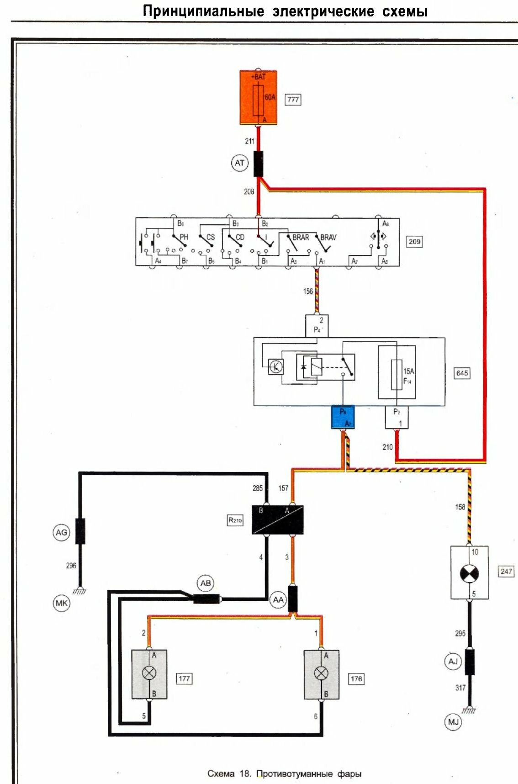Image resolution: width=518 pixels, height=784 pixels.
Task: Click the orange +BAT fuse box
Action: pyautogui.click(x=259, y=97)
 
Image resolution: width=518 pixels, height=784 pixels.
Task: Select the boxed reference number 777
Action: pyautogui.click(x=293, y=99)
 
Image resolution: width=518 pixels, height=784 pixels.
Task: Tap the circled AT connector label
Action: pyautogui.click(x=239, y=163)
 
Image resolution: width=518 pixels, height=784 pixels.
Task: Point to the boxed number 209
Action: pyautogui.click(x=414, y=241)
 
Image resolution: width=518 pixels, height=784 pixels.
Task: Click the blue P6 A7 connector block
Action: pyautogui.click(x=343, y=417)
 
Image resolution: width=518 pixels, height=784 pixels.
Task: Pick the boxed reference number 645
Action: pyautogui.click(x=462, y=373)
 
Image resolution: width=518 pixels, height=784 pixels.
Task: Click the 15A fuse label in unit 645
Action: pyautogui.click(x=408, y=371)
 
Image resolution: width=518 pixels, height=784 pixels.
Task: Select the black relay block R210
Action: pyautogui.click(x=278, y=519)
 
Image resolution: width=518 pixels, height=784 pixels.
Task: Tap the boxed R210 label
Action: pyautogui.click(x=235, y=520)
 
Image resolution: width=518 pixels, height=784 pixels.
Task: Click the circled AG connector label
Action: pyautogui.click(x=62, y=532)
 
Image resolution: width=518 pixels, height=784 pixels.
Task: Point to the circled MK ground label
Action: pyautogui.click(x=62, y=603)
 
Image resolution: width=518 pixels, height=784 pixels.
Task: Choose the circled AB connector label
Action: pyautogui.click(x=206, y=583)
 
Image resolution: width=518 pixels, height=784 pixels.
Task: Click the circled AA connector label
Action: pyautogui.click(x=278, y=599)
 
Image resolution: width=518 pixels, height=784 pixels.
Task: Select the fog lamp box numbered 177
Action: pyautogui.click(x=149, y=674)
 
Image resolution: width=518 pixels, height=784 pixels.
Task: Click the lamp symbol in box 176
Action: pyautogui.click(x=322, y=673)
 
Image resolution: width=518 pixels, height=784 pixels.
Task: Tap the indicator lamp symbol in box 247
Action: pyautogui.click(x=469, y=573)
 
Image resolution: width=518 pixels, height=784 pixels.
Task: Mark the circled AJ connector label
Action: pyautogui.click(x=453, y=661)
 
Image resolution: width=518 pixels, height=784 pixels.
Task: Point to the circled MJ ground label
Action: pyautogui.click(x=453, y=722)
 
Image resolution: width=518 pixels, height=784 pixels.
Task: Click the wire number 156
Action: pyautogui.click(x=308, y=291)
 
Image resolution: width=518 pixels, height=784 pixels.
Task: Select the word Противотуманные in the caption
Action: pyautogui.click(x=295, y=773)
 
